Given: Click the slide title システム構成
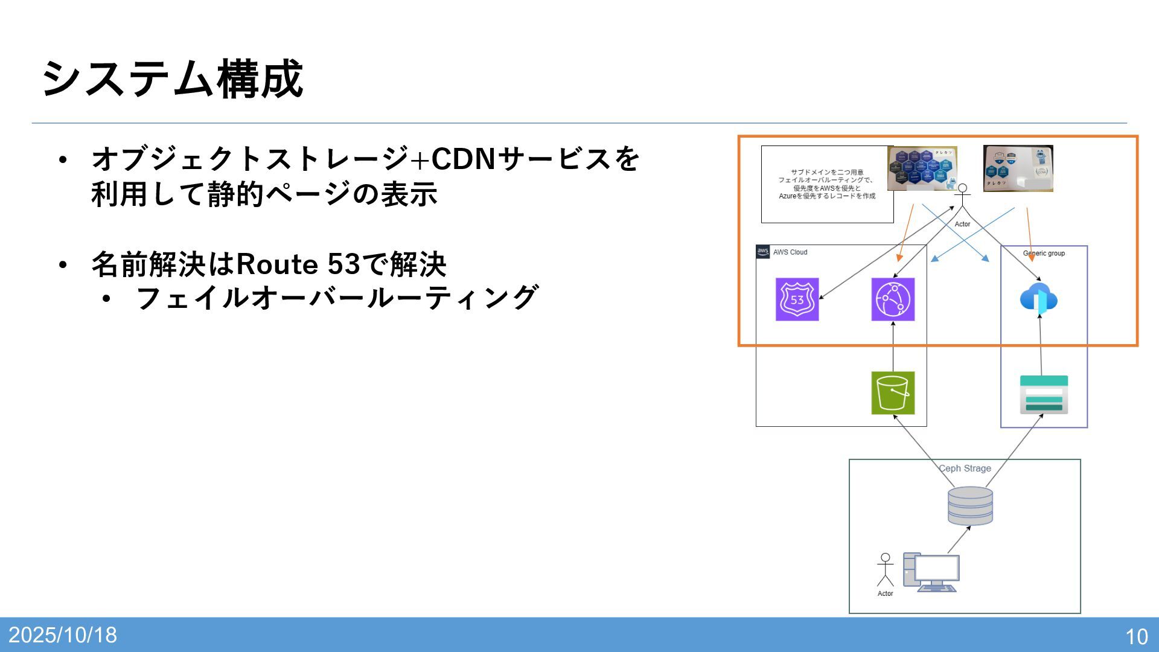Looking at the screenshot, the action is tap(172, 79).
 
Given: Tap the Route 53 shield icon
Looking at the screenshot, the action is tap(797, 299).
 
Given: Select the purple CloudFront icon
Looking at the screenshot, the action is tap(893, 299).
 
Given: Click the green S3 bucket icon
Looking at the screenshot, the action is tap(893, 393).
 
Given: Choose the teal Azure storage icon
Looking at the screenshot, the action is tap(1044, 395).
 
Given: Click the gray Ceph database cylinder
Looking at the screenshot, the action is tap(970, 506).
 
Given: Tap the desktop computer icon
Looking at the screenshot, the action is tap(931, 572).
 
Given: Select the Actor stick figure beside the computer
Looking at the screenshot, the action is tap(885, 570).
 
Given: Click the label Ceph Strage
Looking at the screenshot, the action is tap(965, 468).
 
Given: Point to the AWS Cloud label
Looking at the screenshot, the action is tap(790, 252).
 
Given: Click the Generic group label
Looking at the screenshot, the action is tap(1044, 254).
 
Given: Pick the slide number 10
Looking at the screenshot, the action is tap(1136, 636).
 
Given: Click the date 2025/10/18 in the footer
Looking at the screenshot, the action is tap(63, 635).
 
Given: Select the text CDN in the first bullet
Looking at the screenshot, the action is tap(463, 159).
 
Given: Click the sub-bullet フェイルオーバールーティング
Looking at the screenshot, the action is tap(336, 298).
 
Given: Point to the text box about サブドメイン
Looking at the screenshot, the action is tap(826, 184).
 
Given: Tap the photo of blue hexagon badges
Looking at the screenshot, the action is tap(922, 168).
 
